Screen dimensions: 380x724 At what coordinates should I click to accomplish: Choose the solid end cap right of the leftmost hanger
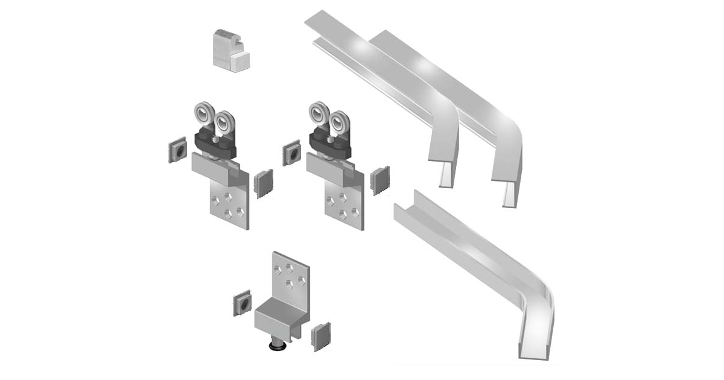click(x=264, y=183)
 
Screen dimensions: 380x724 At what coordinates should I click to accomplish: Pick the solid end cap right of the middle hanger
click(x=379, y=180)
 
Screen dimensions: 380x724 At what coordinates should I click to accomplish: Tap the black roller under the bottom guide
click(x=278, y=348)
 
